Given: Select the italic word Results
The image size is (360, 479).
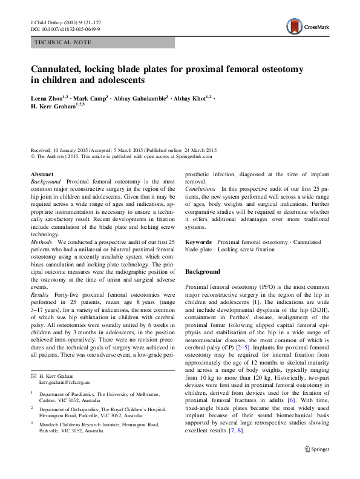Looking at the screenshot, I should point(41,294).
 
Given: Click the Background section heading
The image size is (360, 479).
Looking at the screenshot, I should point(203,271).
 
